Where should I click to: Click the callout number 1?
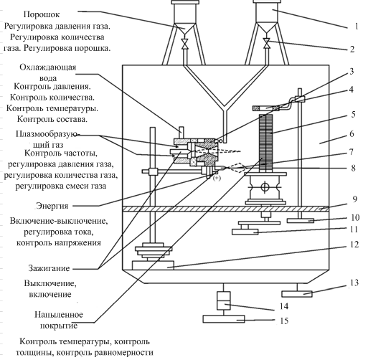click(x=357, y=26)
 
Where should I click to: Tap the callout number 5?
click(x=353, y=115)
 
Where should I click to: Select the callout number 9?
click(x=355, y=199)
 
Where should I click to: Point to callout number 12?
click(x=354, y=245)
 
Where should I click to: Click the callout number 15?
click(x=284, y=321)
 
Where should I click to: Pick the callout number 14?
click(x=284, y=306)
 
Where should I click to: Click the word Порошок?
click(x=42, y=14)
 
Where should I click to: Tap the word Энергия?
click(x=52, y=206)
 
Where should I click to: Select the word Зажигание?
click(x=49, y=268)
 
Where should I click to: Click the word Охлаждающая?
click(x=48, y=67)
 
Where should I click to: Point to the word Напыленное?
click(x=59, y=315)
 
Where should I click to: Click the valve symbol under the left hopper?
click(x=185, y=44)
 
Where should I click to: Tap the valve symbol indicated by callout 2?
click(x=266, y=43)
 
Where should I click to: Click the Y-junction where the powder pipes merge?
click(x=225, y=107)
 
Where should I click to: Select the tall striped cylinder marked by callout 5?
click(x=266, y=143)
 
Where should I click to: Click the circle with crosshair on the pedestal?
click(x=265, y=186)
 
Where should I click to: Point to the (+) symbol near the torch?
click(x=217, y=178)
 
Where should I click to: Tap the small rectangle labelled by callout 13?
click(x=297, y=294)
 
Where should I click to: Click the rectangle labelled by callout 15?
click(x=224, y=319)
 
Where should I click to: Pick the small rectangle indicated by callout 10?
click(x=301, y=221)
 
